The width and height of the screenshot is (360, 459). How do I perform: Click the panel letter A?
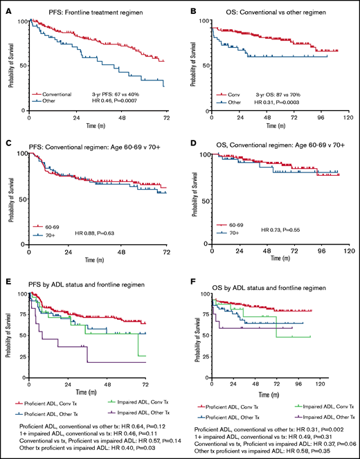(6, 6)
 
